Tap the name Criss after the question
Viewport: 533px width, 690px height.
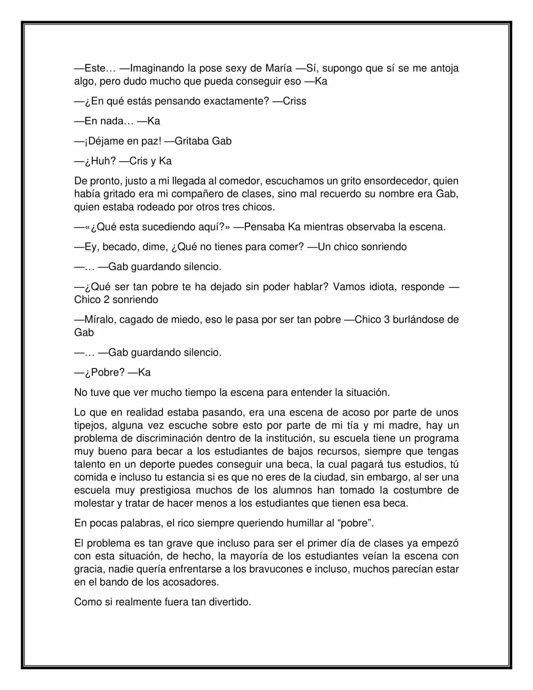click(294, 101)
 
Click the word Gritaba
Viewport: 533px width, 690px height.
click(192, 141)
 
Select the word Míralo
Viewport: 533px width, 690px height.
click(100, 320)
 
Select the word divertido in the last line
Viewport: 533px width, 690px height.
click(229, 602)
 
